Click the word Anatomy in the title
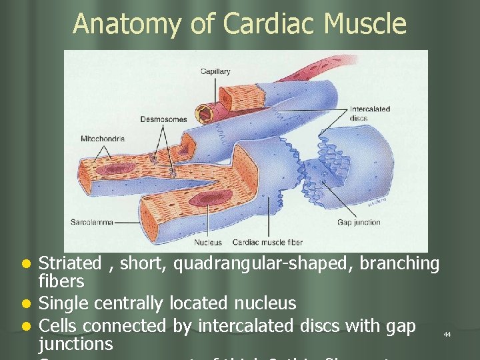pos(125,23)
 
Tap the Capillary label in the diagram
pos(215,71)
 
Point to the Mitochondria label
pos(103,139)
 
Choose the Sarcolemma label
pos(92,221)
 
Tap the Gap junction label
pos(359,222)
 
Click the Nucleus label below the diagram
pos(208,243)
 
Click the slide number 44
pos(447,334)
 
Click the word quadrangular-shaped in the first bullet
pos(264,264)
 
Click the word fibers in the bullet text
pos(61,281)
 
